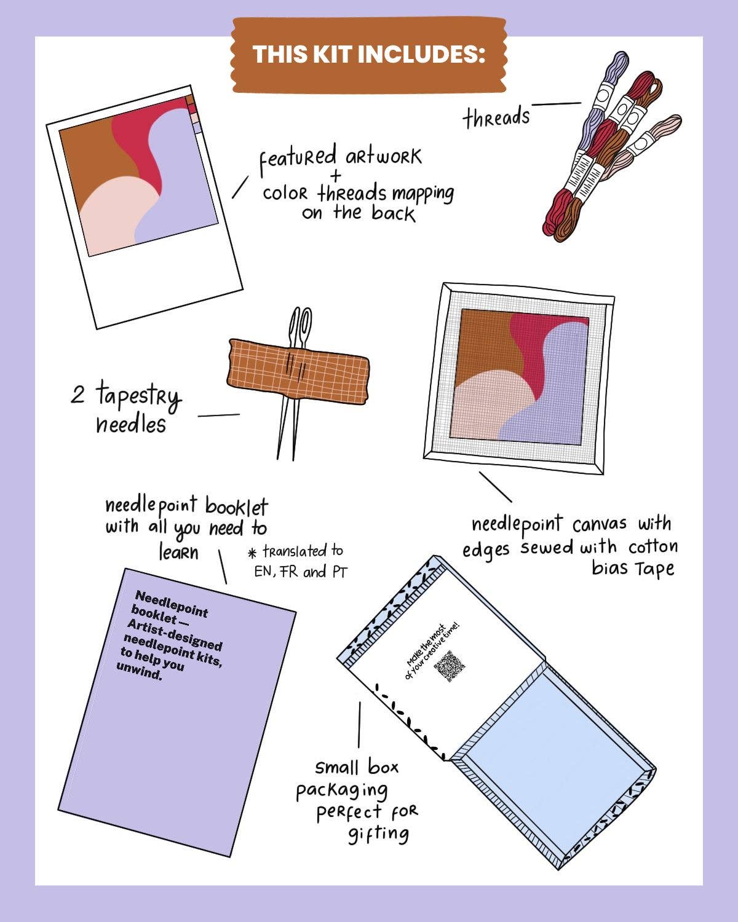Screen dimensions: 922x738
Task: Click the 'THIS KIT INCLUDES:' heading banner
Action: click(x=369, y=54)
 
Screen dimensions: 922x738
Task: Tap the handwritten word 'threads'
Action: click(x=496, y=117)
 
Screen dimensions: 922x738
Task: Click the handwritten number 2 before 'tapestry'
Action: click(x=77, y=394)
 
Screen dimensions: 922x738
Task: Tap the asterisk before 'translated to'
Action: click(x=251, y=552)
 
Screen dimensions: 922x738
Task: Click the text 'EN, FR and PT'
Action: click(x=301, y=572)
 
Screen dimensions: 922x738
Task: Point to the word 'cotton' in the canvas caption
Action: click(x=653, y=546)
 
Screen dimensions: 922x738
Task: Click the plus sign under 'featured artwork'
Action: click(x=335, y=175)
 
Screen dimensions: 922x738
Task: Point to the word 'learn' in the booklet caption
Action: click(x=179, y=552)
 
